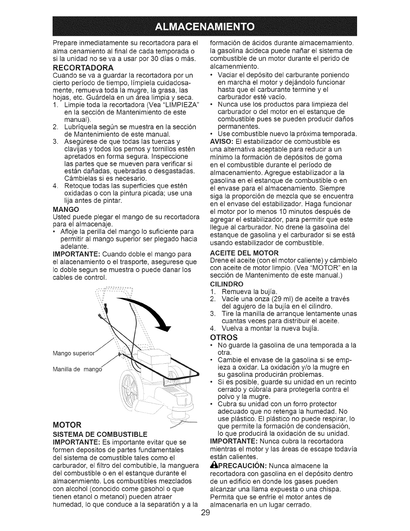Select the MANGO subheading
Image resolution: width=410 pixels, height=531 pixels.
tap(66, 209)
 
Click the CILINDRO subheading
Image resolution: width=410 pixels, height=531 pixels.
tap(227, 284)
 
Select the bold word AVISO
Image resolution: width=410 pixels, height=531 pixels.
tap(221, 141)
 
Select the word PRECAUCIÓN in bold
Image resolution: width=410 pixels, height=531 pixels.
tap(241, 466)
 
